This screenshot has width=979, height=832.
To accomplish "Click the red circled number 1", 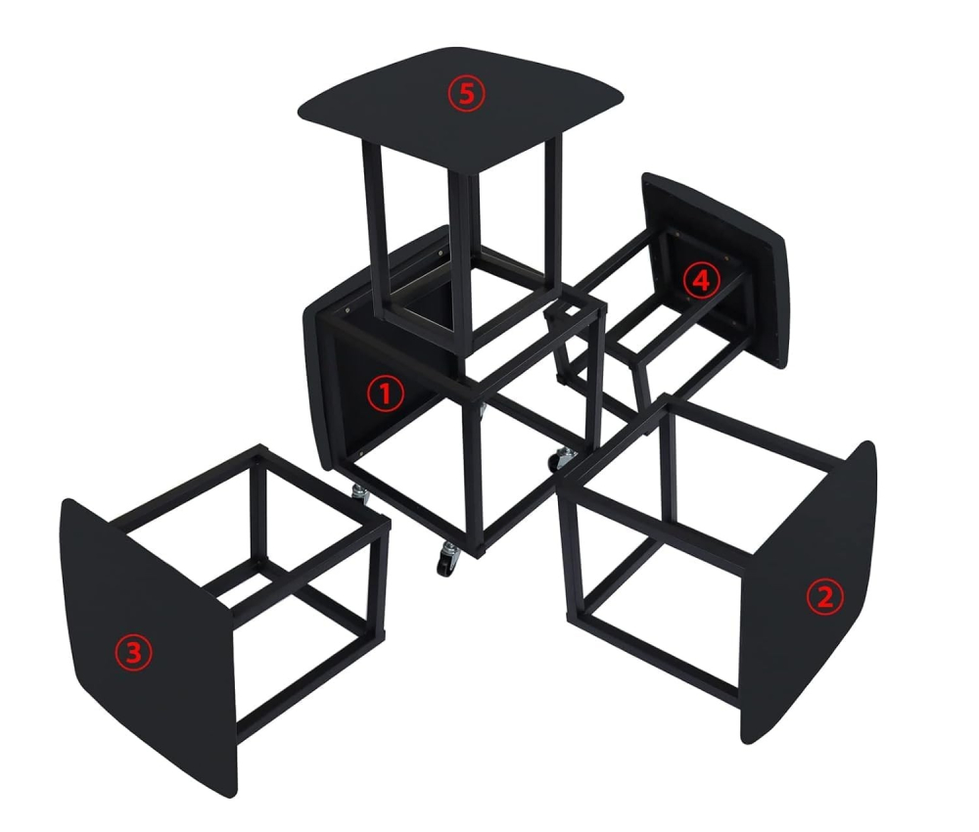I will click(385, 393).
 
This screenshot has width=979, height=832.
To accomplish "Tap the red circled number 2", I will click(823, 596).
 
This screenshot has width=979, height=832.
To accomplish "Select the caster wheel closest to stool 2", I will click(565, 458).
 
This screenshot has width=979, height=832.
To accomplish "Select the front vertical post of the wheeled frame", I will click(481, 470).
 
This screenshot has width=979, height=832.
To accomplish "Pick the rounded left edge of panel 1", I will click(315, 392).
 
